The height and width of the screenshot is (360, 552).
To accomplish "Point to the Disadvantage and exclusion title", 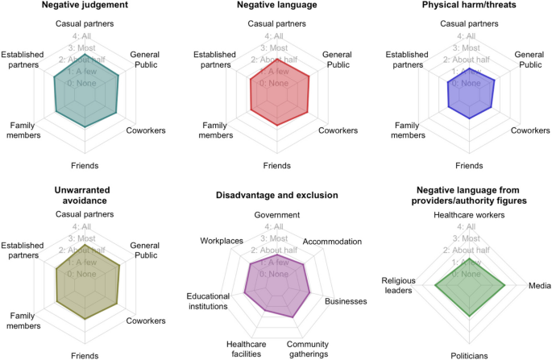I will click(276, 195).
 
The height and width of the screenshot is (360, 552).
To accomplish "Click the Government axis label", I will click(276, 215).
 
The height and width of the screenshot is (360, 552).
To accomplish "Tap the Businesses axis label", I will click(346, 301).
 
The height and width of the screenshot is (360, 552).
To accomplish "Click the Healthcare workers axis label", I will click(469, 215).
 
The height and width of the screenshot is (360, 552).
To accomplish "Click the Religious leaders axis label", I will click(397, 285).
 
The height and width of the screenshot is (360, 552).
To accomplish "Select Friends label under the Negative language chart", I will click(276, 165).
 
